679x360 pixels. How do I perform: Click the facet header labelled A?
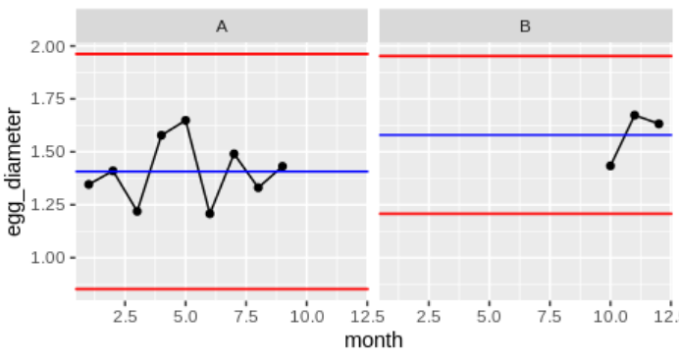click(222, 26)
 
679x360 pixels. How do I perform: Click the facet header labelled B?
click(525, 26)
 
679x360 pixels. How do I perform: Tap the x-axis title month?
click(373, 340)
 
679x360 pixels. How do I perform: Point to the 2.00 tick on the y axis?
click(48, 47)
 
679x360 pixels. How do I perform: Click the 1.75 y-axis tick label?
click(48, 99)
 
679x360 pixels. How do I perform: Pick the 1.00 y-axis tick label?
click(48, 257)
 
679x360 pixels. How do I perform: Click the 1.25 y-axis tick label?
click(48, 204)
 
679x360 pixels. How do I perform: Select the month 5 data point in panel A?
click(185, 121)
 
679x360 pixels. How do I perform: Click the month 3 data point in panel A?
click(137, 211)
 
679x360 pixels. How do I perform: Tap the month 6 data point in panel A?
click(210, 213)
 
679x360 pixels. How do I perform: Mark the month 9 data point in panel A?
click(283, 167)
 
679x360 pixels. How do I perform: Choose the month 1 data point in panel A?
click(88, 183)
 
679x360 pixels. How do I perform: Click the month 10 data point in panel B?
click(610, 166)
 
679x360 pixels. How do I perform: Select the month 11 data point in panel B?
click(635, 115)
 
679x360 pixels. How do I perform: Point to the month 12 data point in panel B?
click(658, 124)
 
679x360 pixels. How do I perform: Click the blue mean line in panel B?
click(491, 134)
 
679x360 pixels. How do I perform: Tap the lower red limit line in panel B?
click(491, 213)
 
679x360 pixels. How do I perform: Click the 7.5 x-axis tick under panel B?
click(549, 317)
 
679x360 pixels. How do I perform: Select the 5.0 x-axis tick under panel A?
click(185, 317)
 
